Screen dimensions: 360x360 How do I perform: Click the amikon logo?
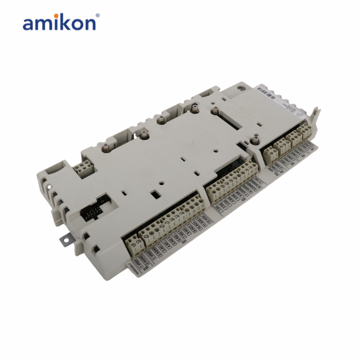click(59, 22)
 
